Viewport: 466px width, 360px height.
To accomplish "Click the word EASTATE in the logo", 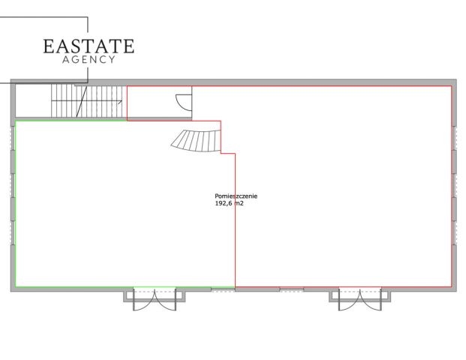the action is (89, 46).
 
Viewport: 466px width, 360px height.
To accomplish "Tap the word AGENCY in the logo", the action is (89, 60).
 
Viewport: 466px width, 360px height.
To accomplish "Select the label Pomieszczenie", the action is (236, 196).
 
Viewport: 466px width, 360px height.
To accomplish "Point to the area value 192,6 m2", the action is (229, 203).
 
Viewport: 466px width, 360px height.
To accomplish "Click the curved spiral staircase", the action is (197, 141).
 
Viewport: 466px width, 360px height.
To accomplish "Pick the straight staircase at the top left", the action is (87, 101).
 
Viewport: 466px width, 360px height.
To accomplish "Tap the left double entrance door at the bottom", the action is (155, 299).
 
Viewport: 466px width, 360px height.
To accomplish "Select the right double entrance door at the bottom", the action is (360, 299).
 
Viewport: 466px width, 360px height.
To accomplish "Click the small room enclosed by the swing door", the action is (159, 103).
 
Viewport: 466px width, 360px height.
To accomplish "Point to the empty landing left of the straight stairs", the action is (33, 101).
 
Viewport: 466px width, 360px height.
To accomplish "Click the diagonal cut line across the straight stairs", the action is (82, 101).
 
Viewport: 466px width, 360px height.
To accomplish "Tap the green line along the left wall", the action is (16, 204).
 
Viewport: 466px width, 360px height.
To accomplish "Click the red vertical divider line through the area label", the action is (235, 220).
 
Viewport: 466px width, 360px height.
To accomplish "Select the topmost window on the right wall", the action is (454, 138).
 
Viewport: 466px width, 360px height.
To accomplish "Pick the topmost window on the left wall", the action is (13, 138).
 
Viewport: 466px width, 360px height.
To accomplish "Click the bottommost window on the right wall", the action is (454, 232).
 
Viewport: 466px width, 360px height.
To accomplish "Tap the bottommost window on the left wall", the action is (13, 232).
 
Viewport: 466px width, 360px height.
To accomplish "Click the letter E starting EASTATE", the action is (49, 46).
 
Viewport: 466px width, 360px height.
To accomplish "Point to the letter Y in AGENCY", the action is (112, 60).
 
